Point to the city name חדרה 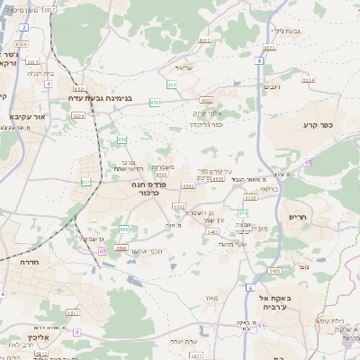tap(16, 262)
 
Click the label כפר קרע tap(319, 127)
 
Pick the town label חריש tap(298, 217)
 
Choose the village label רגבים tap(274, 87)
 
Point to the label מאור tap(211, 298)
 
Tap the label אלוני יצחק tap(207, 112)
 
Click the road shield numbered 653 tap(122, 139)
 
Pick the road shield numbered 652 tap(79, 89)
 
